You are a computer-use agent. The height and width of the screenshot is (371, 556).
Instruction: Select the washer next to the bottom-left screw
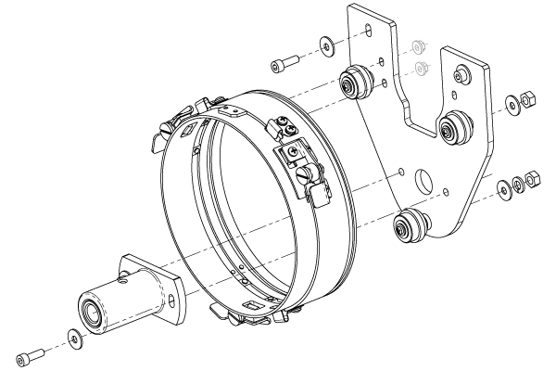point(73,336)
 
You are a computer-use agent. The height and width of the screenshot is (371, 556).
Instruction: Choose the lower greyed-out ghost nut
point(422,66)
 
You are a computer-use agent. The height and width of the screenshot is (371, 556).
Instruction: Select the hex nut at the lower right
point(532,177)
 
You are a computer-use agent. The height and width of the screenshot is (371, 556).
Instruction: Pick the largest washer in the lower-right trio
point(504,189)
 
